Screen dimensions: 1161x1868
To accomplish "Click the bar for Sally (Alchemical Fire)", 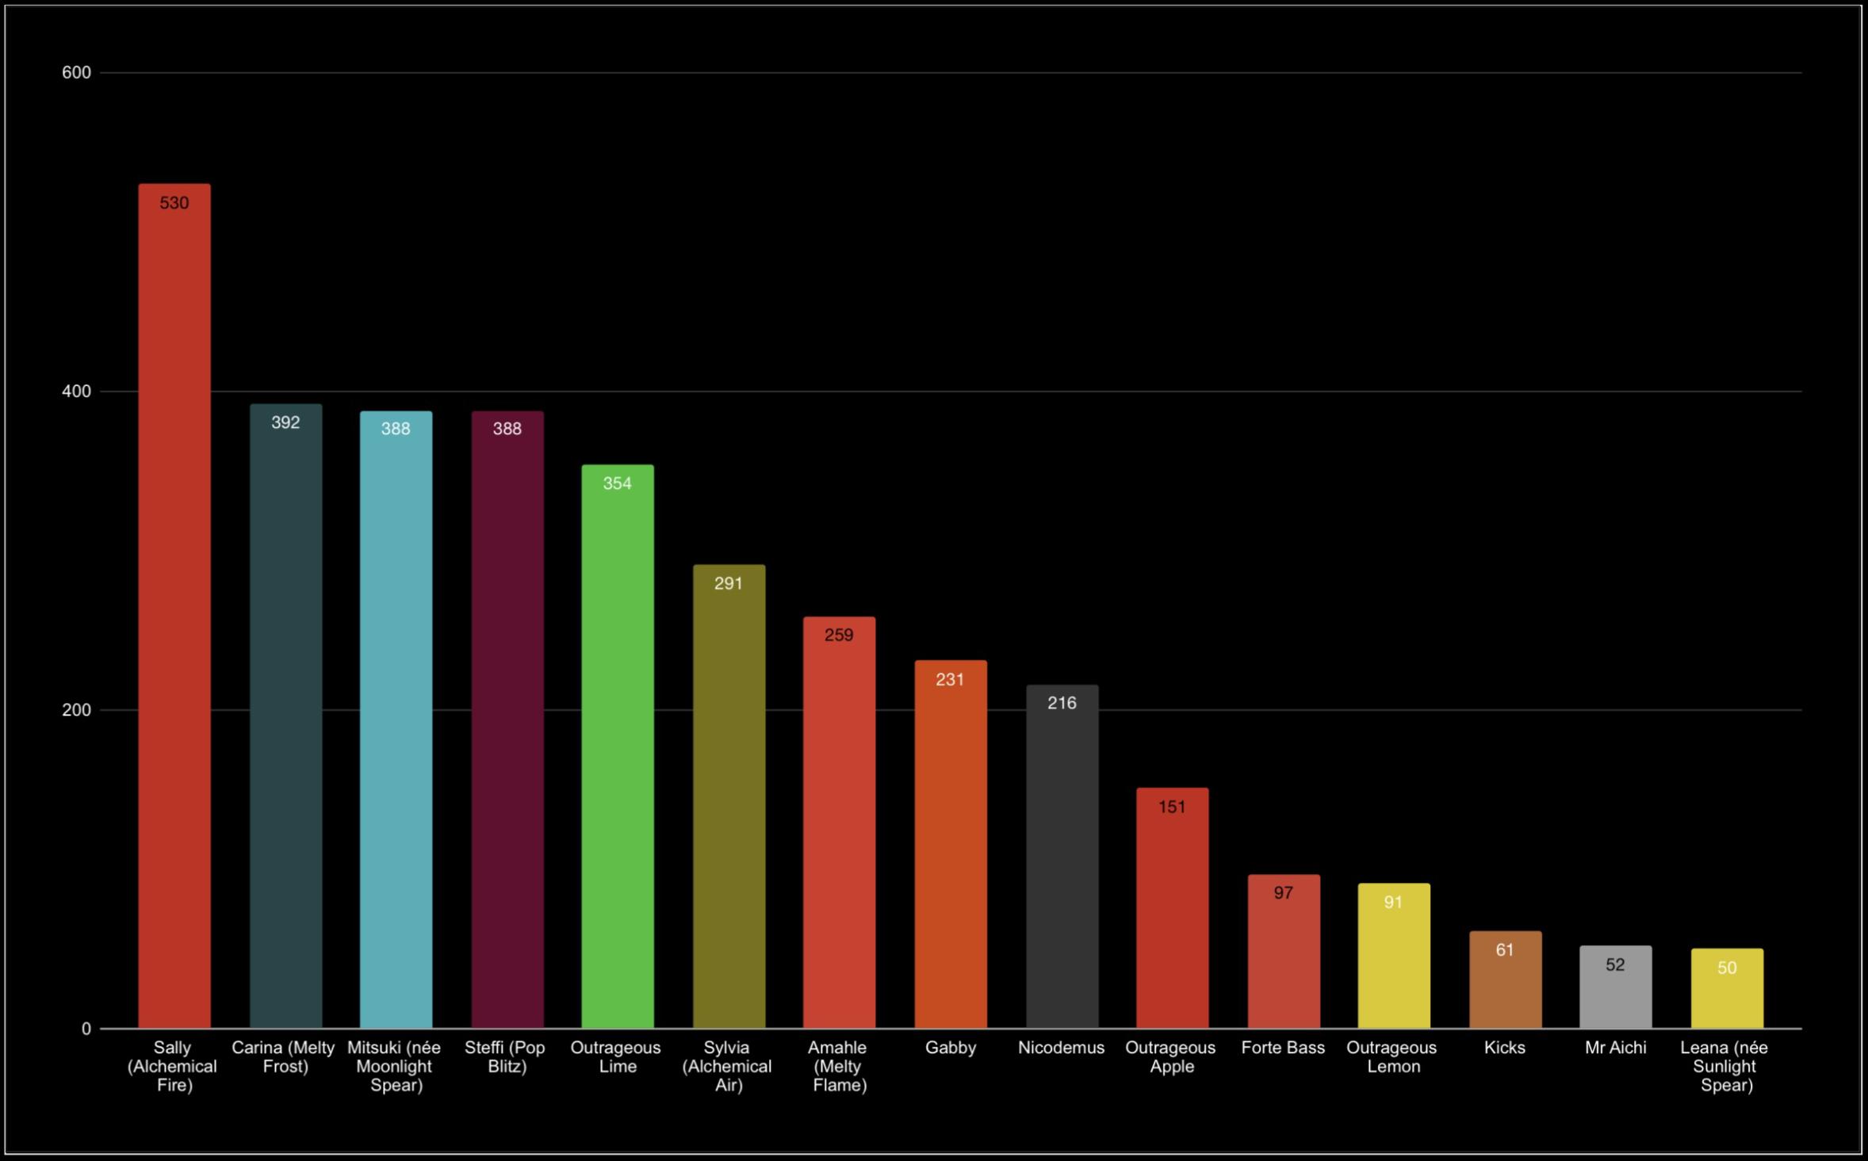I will [x=174, y=606].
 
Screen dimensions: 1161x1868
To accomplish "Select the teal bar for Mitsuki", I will [x=396, y=720].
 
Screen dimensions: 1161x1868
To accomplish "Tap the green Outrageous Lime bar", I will [x=618, y=747].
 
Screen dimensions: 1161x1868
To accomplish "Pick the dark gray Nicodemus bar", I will [x=1062, y=857].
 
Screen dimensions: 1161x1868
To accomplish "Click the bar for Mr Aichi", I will [x=1615, y=987].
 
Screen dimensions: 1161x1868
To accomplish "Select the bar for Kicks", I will [x=1505, y=980].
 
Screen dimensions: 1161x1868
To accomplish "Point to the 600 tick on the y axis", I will [x=76, y=73].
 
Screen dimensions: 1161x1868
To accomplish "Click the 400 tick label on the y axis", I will [x=76, y=391].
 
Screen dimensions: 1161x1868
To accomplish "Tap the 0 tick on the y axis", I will [x=86, y=1029].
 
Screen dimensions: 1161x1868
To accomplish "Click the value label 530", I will [x=174, y=203].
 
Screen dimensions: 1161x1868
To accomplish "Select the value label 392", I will [x=285, y=422].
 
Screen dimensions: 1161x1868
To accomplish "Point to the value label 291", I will [x=729, y=583].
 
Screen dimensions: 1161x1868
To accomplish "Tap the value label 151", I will [x=1172, y=807].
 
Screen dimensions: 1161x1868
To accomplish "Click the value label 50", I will [x=1727, y=968].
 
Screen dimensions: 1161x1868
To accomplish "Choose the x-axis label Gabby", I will [x=951, y=1048].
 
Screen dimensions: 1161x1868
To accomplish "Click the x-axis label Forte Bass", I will [x=1283, y=1048].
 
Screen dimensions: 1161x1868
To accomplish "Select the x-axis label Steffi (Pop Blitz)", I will [x=506, y=1057].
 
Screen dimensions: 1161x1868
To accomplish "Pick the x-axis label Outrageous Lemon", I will [x=1392, y=1057].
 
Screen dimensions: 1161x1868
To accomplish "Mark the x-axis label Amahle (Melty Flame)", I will [x=839, y=1066].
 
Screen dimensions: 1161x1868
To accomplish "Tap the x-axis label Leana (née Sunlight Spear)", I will [x=1725, y=1066].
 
